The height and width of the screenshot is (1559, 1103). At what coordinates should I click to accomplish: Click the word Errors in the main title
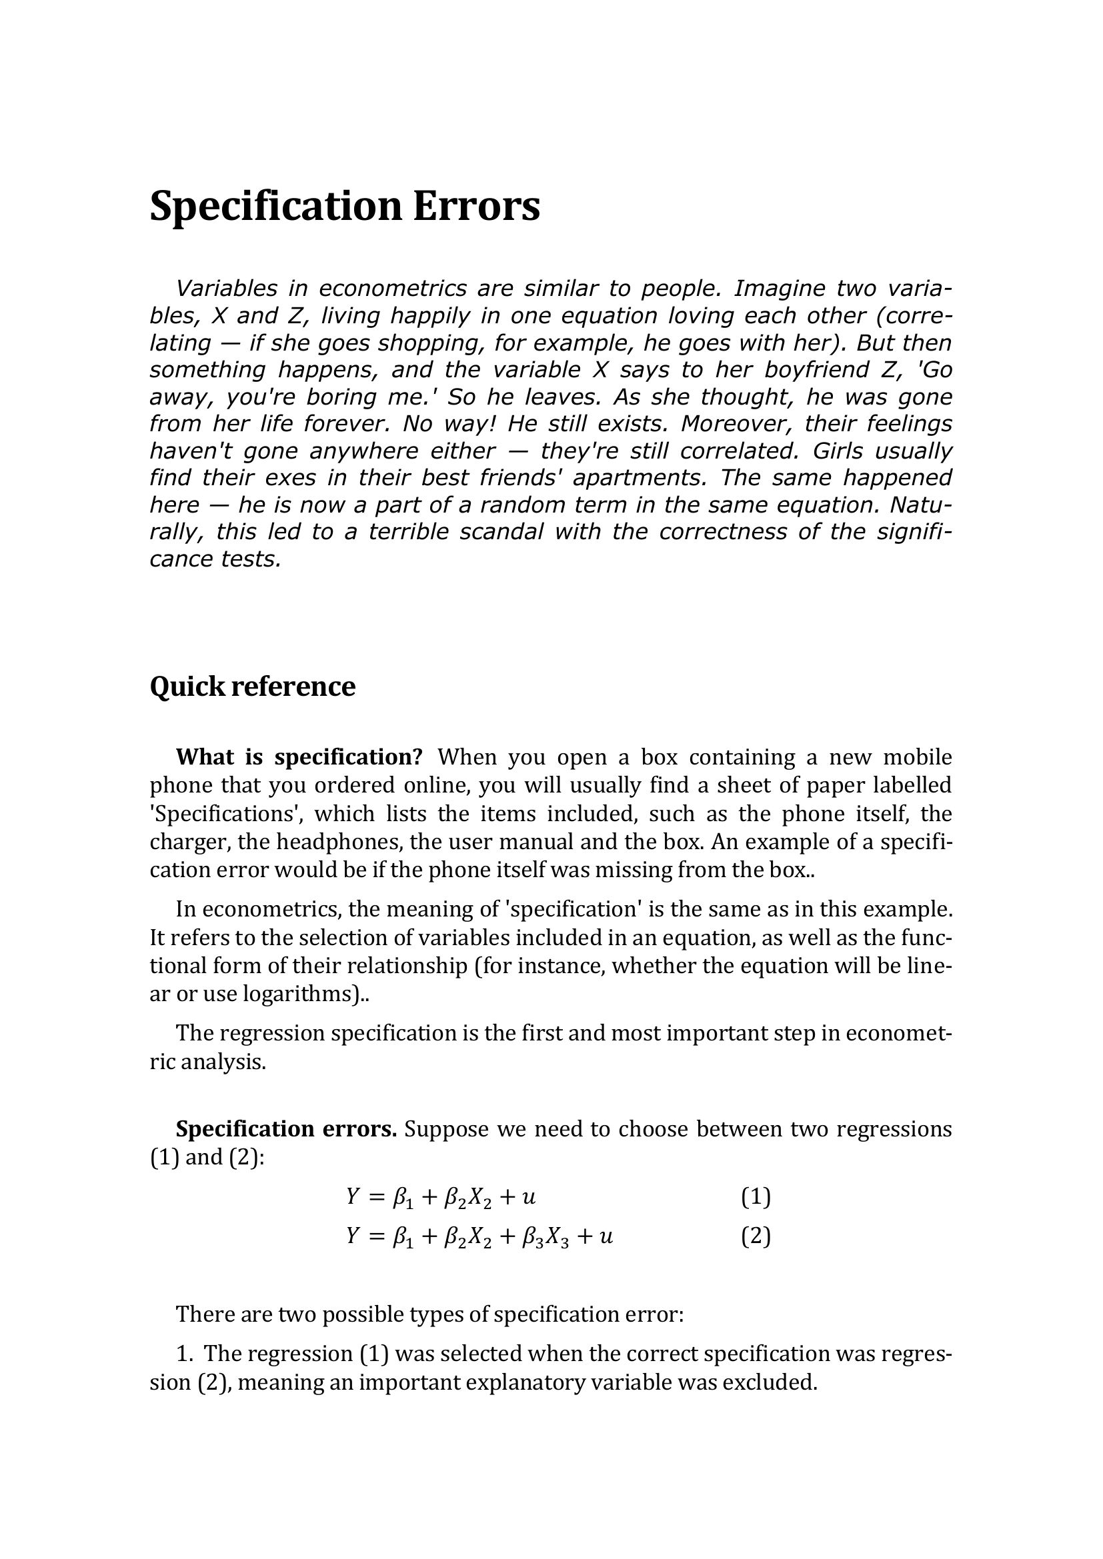[x=476, y=207]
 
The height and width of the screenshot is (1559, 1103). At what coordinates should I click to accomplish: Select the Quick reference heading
[x=252, y=687]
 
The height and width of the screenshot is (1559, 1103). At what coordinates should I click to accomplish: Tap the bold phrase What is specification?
[x=299, y=757]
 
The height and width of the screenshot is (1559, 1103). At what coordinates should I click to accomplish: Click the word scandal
[x=501, y=532]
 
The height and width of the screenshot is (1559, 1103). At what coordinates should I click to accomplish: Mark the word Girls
[x=838, y=451]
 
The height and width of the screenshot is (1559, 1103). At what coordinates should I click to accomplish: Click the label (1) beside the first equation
[x=756, y=1196]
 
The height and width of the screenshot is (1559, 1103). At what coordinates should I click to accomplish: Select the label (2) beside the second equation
[x=756, y=1236]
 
